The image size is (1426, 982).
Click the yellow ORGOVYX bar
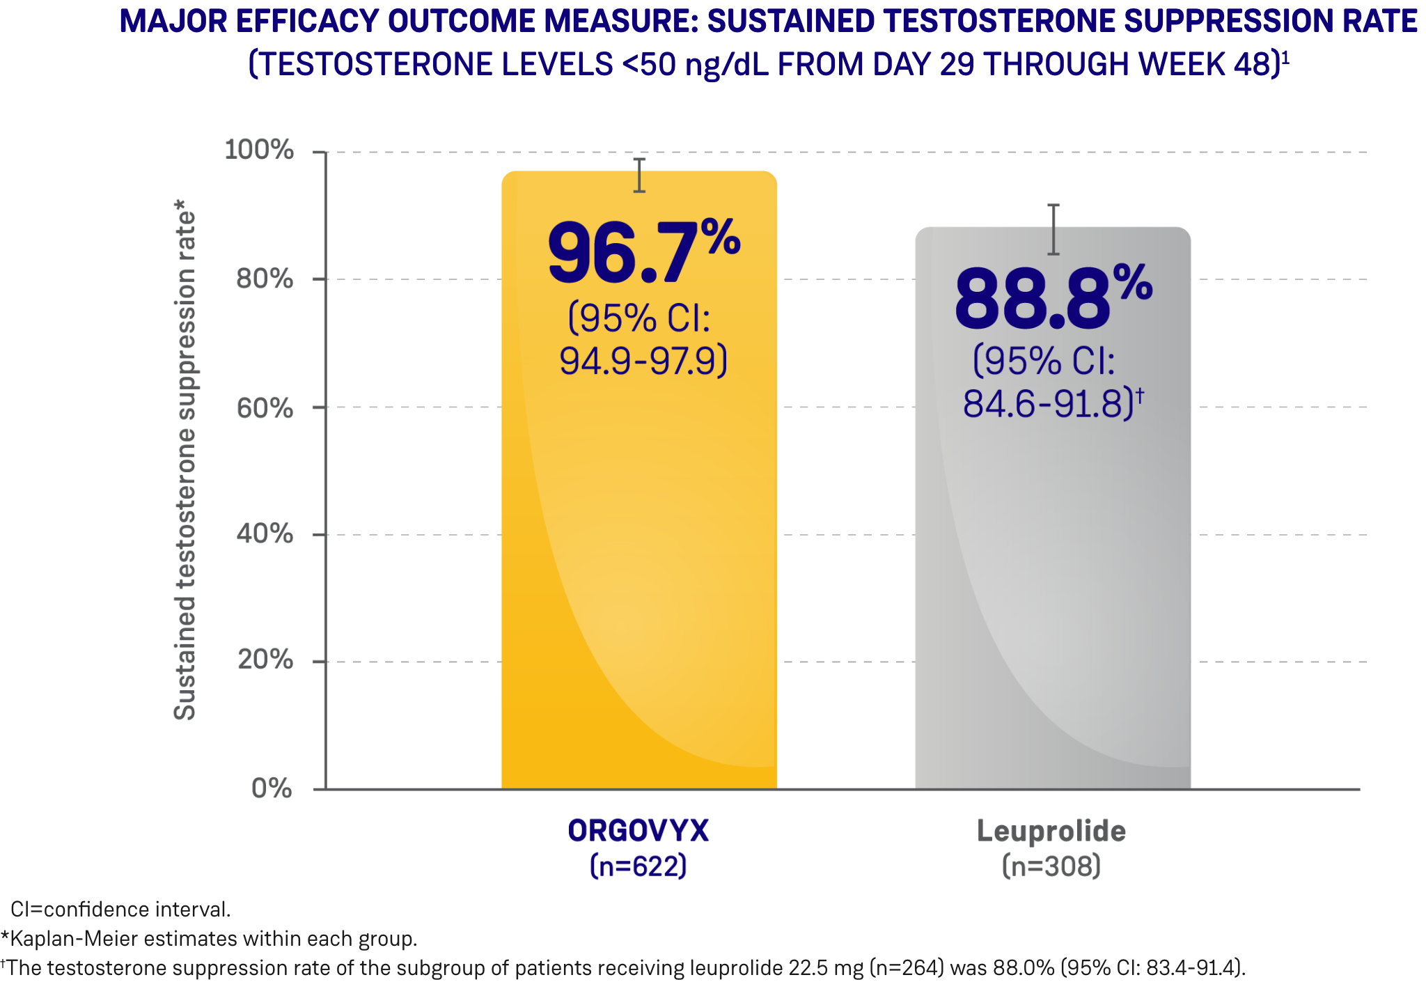click(638, 557)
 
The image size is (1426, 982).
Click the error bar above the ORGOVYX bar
click(639, 175)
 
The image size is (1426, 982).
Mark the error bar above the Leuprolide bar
click(1053, 229)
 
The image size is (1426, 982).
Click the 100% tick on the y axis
click(259, 150)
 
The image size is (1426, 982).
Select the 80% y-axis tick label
click(265, 279)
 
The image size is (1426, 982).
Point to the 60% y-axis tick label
click(265, 407)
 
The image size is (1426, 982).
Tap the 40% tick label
click(265, 534)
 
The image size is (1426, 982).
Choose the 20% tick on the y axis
click(265, 660)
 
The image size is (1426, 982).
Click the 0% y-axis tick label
click(272, 788)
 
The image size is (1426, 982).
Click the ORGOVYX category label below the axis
click(638, 831)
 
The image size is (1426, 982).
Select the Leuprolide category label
click(1051, 831)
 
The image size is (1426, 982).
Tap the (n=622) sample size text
click(638, 866)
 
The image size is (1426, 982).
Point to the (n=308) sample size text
click(1051, 866)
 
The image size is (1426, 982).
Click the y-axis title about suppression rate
click(185, 460)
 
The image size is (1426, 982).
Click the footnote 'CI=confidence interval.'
click(120, 909)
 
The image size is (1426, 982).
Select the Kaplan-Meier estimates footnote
click(209, 939)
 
